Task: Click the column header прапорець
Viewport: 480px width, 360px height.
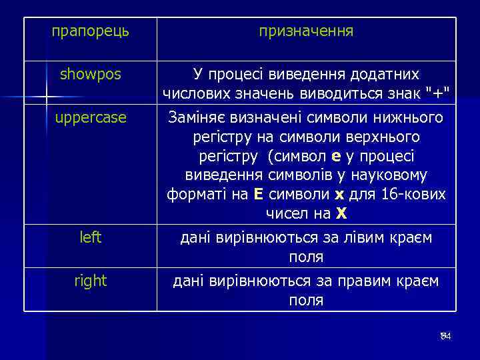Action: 91,31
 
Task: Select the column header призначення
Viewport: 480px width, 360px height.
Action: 306,31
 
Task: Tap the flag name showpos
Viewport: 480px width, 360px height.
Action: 91,75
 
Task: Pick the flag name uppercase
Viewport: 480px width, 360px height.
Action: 91,117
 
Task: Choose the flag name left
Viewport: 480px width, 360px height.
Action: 91,237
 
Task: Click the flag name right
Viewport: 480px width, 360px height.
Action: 91,281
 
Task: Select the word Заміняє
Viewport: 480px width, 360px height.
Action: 198,118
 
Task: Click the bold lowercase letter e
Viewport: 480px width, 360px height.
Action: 336,157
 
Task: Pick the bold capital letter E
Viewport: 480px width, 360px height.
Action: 259,195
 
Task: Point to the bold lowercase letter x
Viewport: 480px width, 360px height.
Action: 339,195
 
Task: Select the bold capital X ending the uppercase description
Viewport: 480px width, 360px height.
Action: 341,214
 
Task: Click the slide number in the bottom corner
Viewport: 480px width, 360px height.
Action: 446,336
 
